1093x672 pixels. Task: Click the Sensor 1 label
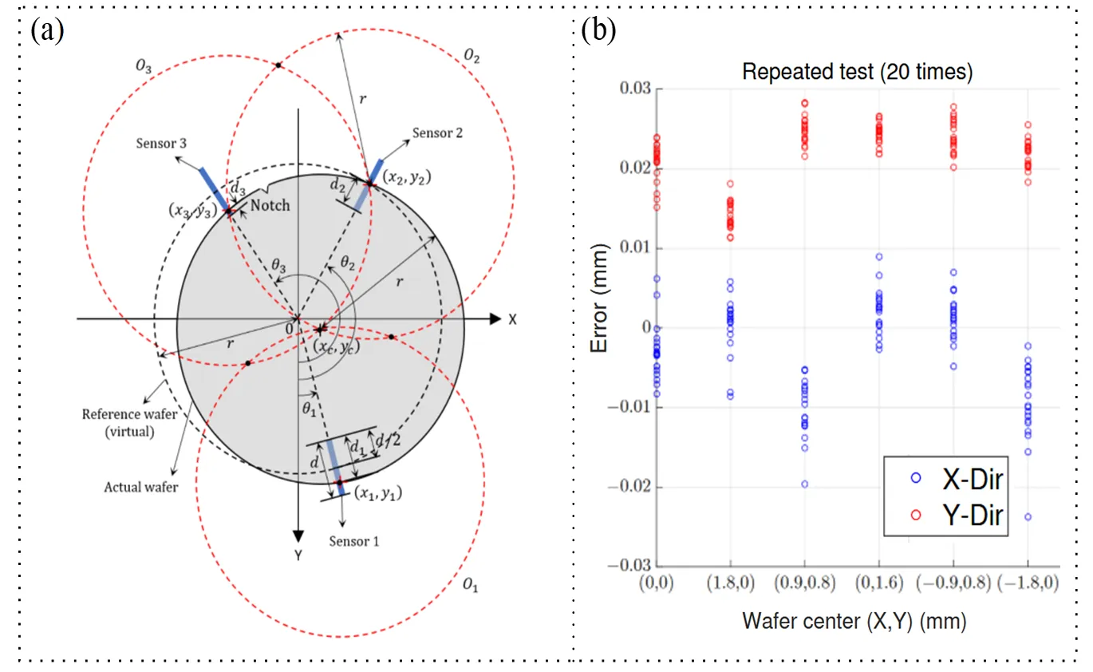[x=354, y=542]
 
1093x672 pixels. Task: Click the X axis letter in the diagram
[x=513, y=318]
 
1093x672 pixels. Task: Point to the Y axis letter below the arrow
[x=298, y=555]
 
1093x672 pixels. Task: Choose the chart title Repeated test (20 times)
[x=857, y=72]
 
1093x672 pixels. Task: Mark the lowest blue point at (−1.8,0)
[x=1028, y=516]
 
